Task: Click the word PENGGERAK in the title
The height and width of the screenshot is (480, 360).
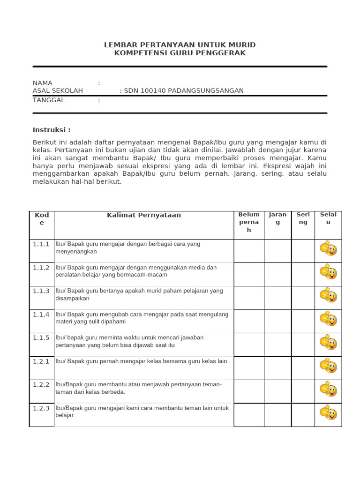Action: point(223,53)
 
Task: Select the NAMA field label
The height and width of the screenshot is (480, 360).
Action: point(43,83)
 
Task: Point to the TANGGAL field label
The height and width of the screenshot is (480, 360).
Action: point(49,100)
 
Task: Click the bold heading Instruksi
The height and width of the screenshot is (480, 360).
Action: point(52,130)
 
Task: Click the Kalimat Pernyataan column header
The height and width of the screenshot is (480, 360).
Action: point(144,215)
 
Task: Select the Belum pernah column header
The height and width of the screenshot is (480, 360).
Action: point(249,222)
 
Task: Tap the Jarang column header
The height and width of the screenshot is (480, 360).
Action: point(277,218)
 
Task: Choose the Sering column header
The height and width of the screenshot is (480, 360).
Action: point(303,218)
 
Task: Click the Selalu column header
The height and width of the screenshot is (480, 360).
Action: point(328,218)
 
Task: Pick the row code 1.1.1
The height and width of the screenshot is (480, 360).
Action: point(41,244)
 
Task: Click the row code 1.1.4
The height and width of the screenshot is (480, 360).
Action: point(41,315)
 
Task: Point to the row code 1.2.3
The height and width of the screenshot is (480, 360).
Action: point(41,408)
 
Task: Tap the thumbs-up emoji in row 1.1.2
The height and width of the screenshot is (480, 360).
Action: point(328,272)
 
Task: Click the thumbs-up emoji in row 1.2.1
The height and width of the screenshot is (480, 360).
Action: point(328,366)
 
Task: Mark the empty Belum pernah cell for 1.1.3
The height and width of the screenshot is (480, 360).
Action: point(249,298)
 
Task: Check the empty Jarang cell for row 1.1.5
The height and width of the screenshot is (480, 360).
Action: point(277,345)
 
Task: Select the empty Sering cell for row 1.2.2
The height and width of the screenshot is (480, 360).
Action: point(303,391)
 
